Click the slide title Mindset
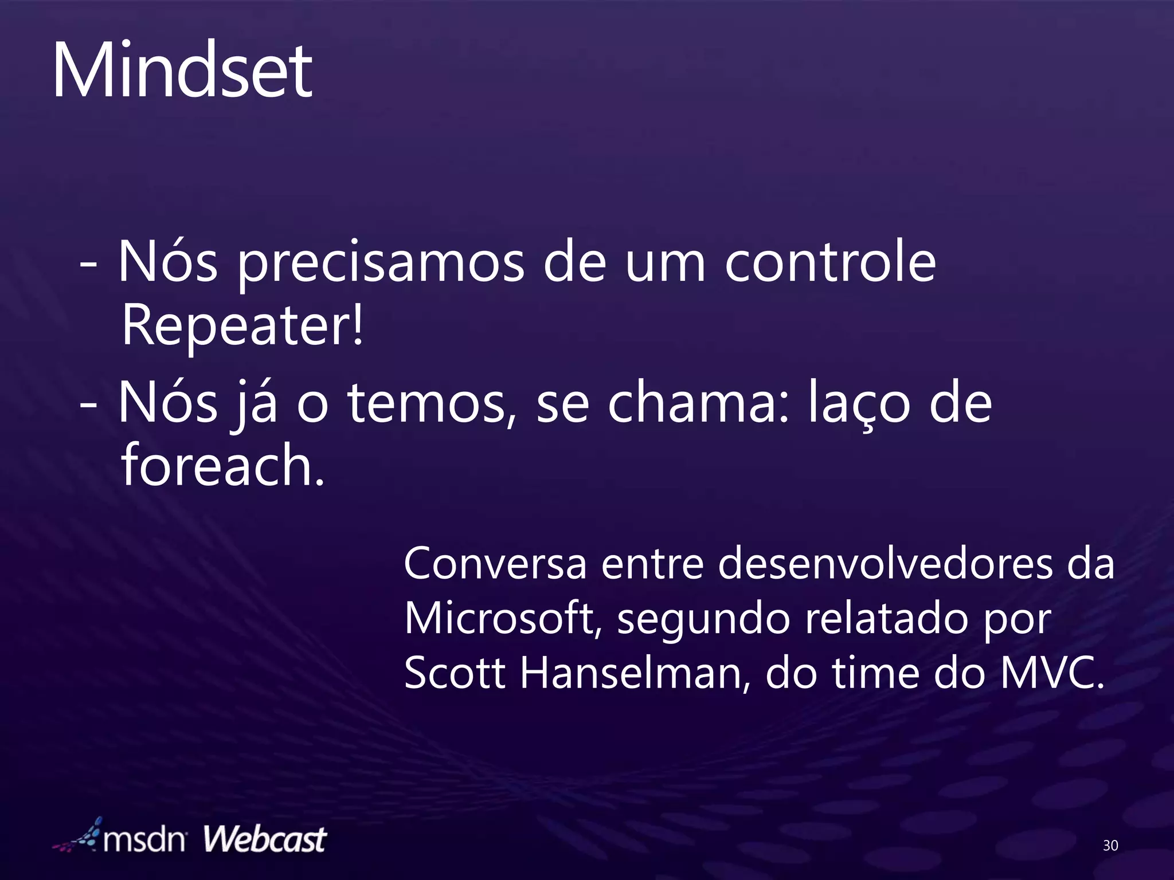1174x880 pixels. (182, 72)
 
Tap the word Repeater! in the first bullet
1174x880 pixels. (242, 325)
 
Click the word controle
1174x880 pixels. (830, 262)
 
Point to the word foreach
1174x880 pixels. (222, 465)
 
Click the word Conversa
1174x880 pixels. (495, 564)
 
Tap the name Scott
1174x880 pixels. (455, 673)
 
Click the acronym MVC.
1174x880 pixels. (1051, 673)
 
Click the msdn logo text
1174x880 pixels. (144, 840)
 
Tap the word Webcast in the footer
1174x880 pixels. (265, 840)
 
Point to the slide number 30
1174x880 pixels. (1110, 845)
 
